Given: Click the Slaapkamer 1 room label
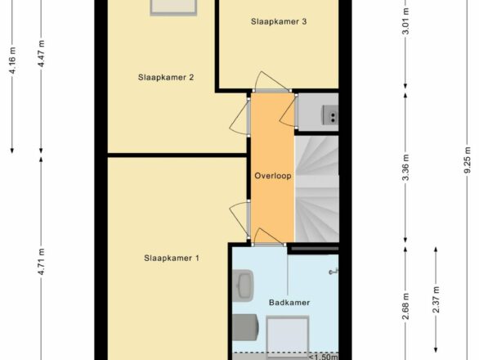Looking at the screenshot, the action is click(172, 259).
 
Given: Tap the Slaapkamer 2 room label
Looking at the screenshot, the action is click(166, 77).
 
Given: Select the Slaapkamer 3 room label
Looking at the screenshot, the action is click(279, 21).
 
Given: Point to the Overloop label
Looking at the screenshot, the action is click(273, 176).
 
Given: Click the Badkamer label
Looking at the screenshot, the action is click(289, 303).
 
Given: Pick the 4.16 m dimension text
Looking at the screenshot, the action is click(13, 61).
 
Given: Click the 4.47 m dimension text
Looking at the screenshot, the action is click(42, 53).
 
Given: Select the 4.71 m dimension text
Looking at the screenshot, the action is click(42, 262).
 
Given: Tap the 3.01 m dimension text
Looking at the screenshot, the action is click(405, 21).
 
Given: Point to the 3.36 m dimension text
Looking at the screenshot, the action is click(405, 168).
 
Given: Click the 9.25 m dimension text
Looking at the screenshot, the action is click(468, 160).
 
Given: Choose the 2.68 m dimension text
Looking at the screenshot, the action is click(405, 306).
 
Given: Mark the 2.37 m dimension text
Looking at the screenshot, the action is click(436, 299).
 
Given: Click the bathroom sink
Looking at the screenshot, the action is click(243, 285).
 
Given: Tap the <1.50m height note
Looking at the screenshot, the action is click(324, 357).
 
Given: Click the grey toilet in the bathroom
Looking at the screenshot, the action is click(245, 327).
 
